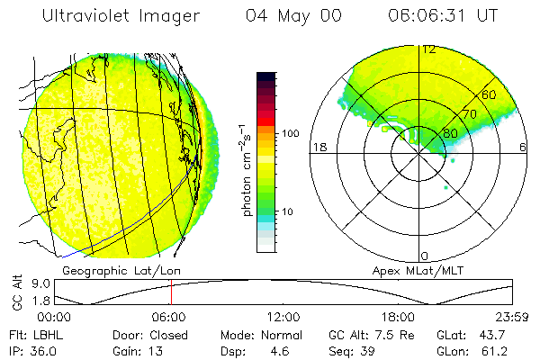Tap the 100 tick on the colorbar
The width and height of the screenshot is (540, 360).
coord(291,133)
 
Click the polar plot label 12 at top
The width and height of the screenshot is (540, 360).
coord(429,50)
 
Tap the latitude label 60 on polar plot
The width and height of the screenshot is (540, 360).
coord(490,94)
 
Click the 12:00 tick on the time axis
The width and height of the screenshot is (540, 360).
coord(283,317)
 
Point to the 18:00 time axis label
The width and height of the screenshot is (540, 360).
coord(398,317)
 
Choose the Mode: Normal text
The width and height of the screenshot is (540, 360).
coord(251,334)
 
